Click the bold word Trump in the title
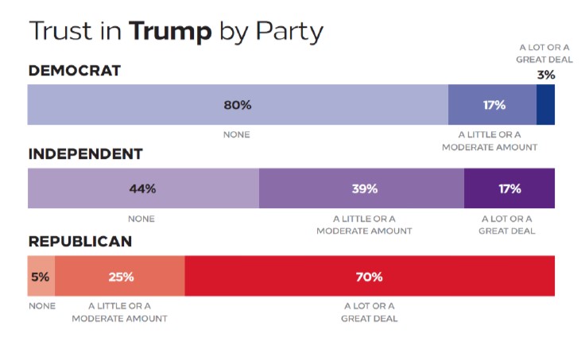[x=171, y=31]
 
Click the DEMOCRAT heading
[x=75, y=71]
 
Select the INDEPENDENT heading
[x=85, y=154]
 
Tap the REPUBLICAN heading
[x=80, y=242]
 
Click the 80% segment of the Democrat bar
[x=238, y=105]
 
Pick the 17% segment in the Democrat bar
[x=492, y=105]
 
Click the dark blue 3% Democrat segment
[x=545, y=105]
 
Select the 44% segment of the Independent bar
[x=143, y=188]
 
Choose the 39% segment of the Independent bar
[x=362, y=188]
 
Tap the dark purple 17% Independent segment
[x=509, y=188]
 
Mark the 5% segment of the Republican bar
[x=41, y=277]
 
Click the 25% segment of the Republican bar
[x=120, y=277]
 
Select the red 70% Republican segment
[x=370, y=277]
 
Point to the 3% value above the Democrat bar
[x=545, y=75]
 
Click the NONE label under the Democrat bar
[x=237, y=135]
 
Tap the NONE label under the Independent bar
[x=141, y=219]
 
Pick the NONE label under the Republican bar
[x=41, y=306]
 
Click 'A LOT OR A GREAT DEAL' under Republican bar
[x=370, y=312]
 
